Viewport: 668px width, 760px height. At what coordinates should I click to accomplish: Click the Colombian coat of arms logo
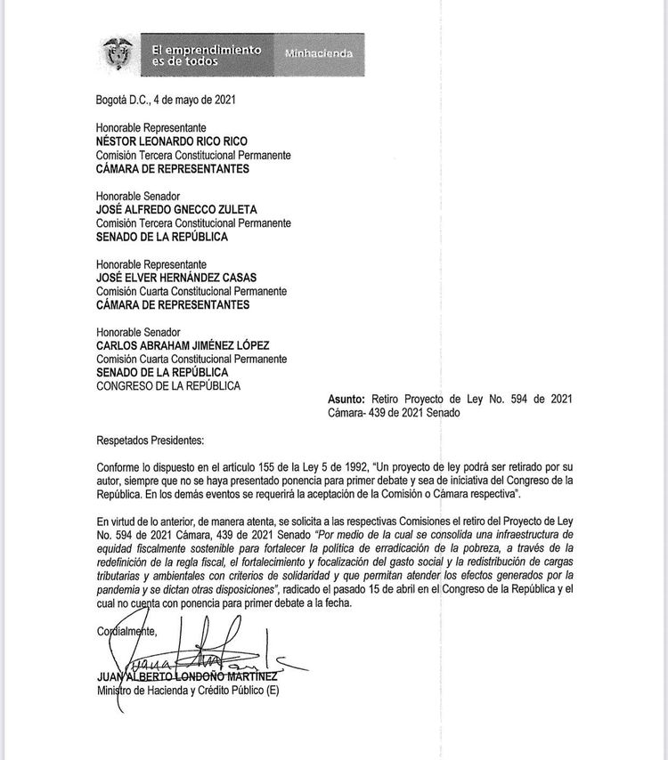coord(116,54)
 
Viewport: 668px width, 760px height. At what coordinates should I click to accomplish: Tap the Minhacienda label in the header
coord(318,54)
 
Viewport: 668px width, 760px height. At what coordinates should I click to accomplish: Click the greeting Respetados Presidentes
coord(150,440)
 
